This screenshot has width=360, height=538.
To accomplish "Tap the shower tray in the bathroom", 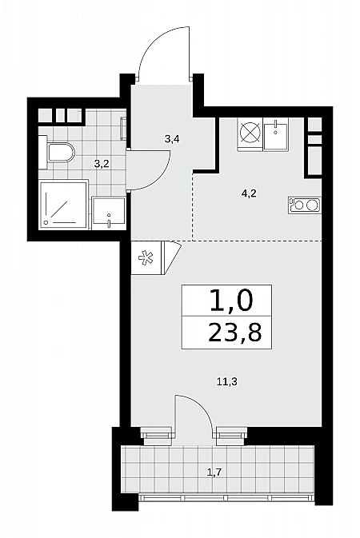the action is pyautogui.click(x=63, y=205).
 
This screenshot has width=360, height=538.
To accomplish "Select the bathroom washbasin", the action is pyautogui.click(x=109, y=213).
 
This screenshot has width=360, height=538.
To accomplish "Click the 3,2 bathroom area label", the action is pyautogui.click(x=102, y=164).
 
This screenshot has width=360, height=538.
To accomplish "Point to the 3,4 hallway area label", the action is pyautogui.click(x=173, y=139).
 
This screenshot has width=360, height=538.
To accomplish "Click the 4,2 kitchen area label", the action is pyautogui.click(x=249, y=193).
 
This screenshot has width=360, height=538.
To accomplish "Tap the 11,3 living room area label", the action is pyautogui.click(x=227, y=381).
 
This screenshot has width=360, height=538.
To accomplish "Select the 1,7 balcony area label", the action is pyautogui.click(x=214, y=472).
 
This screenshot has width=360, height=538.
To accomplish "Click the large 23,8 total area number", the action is pyautogui.click(x=235, y=333).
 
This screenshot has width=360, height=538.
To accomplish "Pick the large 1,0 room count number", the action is pyautogui.click(x=231, y=300).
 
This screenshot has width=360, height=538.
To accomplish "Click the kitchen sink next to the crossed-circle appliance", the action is pyautogui.click(x=276, y=134).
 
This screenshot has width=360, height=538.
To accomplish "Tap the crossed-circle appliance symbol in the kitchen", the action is pyautogui.click(x=250, y=134).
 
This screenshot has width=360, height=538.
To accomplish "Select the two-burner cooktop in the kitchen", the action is pyautogui.click(x=305, y=205).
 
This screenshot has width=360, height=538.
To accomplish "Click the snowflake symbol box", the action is pyautogui.click(x=146, y=257).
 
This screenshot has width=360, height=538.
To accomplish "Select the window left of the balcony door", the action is pyautogui.click(x=156, y=432).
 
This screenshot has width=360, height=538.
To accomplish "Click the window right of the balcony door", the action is pyautogui.click(x=232, y=432).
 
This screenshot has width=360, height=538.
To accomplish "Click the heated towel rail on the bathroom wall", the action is pyautogui.click(x=124, y=128).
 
